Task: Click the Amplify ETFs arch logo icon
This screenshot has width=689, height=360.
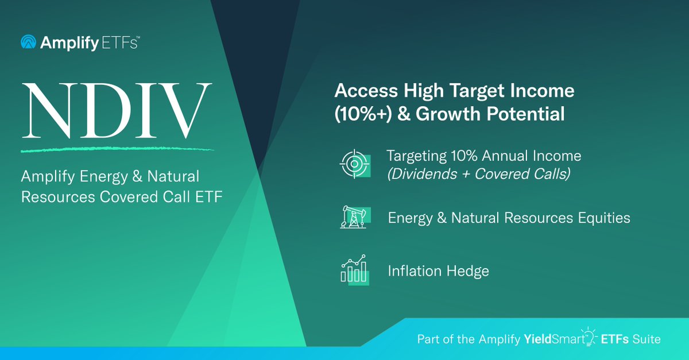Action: click(x=28, y=42)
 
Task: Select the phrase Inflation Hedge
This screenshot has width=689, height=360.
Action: click(x=438, y=271)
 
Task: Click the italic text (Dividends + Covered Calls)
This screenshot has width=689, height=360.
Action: click(x=478, y=174)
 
